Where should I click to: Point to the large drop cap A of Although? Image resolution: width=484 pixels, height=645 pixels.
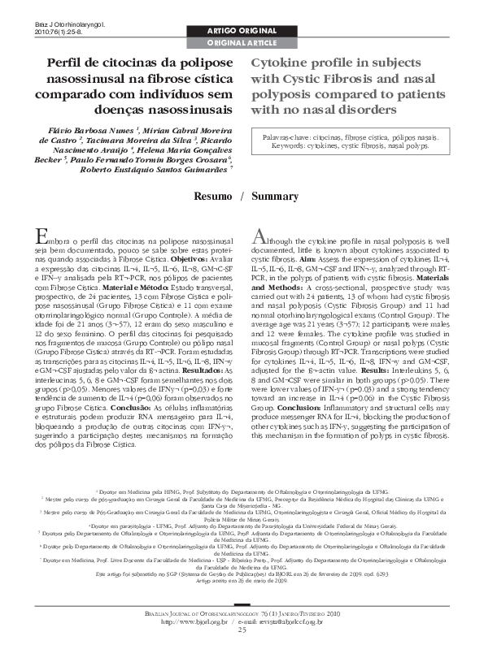[x=259, y=236]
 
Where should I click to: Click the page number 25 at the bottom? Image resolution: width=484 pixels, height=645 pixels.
[x=242, y=630]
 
